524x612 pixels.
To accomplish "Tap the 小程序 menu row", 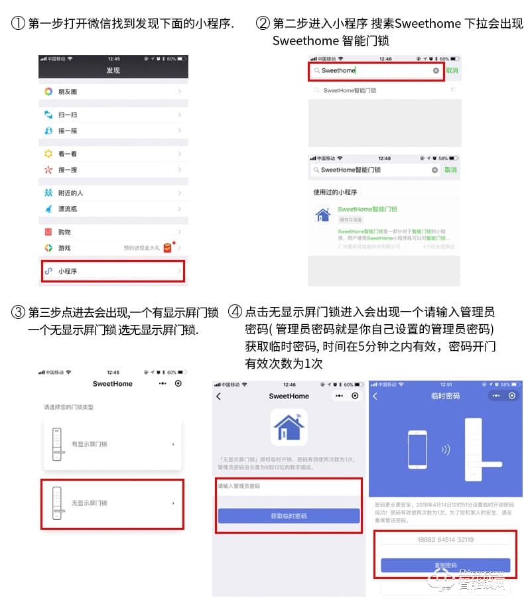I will pos(113,271).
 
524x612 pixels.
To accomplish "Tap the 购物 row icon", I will pos(48,232).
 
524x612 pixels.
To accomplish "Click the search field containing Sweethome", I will pos(375,70).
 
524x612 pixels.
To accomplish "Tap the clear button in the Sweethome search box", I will pos(436,70).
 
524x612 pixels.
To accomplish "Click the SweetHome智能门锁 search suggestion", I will pos(350,90).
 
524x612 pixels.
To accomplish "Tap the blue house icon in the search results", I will pos(323,214).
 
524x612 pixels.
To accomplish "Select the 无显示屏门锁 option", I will pos(112,503).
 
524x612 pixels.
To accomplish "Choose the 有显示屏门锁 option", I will pos(112,444).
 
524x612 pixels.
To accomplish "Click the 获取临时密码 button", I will pos(289,516).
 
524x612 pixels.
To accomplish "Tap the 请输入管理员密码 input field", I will pos(289,487).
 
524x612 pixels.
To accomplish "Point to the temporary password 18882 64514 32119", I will pos(445,540).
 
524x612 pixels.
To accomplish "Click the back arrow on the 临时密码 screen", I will pos(375,396).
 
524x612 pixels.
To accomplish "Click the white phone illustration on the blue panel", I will pos(417,450).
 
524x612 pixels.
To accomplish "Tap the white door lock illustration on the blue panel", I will pos(475,450).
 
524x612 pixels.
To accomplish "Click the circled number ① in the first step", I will pos(18,24).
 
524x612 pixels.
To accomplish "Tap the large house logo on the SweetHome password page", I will pos(289,427).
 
